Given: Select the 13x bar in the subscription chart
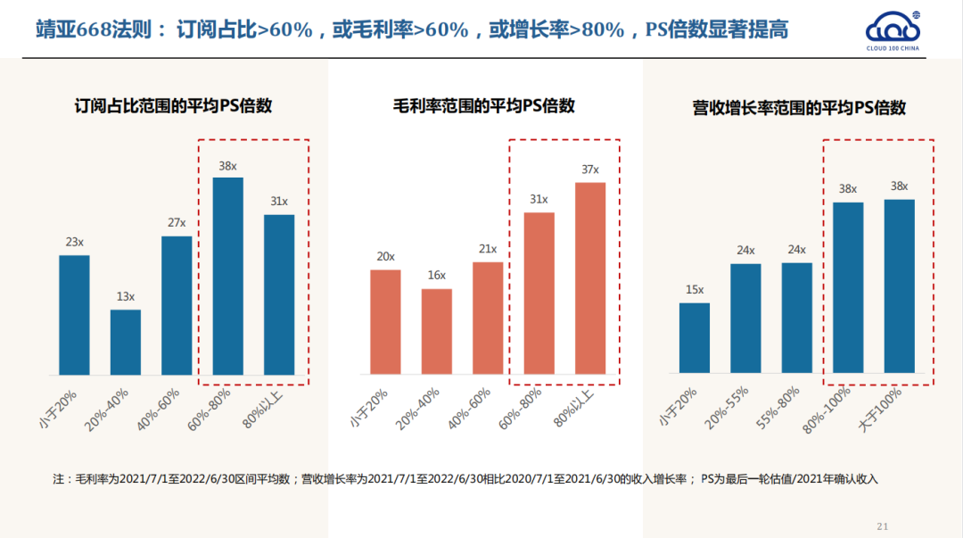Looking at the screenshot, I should coord(126,342).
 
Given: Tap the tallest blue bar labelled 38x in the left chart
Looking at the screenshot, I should coord(227,276).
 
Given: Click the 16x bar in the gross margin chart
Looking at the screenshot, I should coord(437,331).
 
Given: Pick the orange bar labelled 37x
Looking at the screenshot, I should coord(590,278).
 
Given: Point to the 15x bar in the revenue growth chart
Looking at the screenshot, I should coord(695,338).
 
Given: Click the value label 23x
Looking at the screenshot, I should coord(74,241).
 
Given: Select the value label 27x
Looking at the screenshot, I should coord(177,222).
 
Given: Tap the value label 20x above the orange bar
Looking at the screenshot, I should coord(385,256).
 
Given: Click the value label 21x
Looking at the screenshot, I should coord(488,248).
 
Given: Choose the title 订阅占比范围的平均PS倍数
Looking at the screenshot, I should coord(173,106).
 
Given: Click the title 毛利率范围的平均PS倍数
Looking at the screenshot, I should coord(484,106).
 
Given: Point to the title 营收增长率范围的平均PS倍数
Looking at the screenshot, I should coord(799,108).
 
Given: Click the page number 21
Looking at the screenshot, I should coord(884,525).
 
